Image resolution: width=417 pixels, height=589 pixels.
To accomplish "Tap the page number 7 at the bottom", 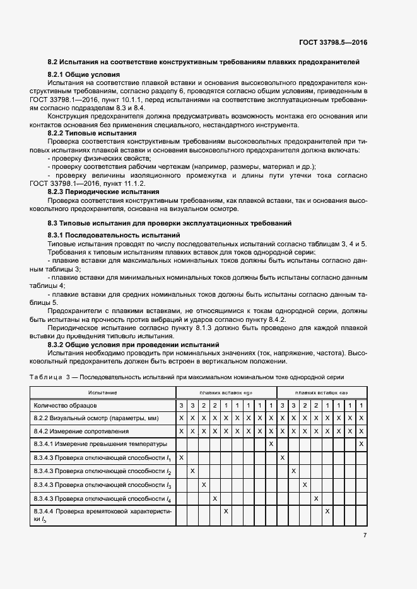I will pos(365,535).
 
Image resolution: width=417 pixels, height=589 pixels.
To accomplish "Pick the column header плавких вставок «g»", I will pos(226,392).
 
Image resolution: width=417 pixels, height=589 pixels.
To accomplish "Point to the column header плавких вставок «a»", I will pos(322,392).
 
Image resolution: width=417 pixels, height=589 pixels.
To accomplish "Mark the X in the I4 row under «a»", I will pos(316,498).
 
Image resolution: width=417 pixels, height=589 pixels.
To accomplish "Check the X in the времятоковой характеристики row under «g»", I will pos(226,511).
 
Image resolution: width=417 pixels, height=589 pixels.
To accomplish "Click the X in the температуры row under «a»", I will pos(361,444).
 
